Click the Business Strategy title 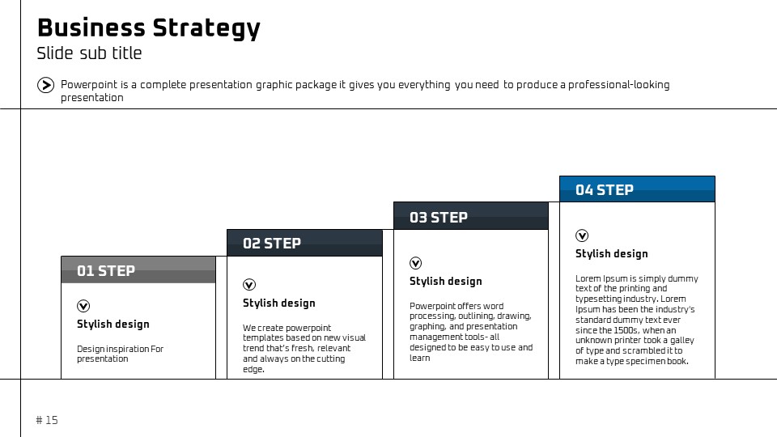149,28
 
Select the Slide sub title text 89,53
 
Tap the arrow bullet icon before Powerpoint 45,85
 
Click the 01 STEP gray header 138,270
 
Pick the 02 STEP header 305,243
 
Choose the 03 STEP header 471,216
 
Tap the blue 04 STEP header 637,189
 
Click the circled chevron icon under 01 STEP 83,306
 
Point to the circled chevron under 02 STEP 249,284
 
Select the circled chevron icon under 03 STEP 416,263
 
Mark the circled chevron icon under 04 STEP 582,235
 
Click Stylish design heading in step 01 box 113,324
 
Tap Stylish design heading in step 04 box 612,253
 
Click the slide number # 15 47,420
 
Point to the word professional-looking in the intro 619,85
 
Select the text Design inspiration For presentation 120,354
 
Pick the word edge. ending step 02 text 253,369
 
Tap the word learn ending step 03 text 420,358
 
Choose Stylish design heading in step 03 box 445,282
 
